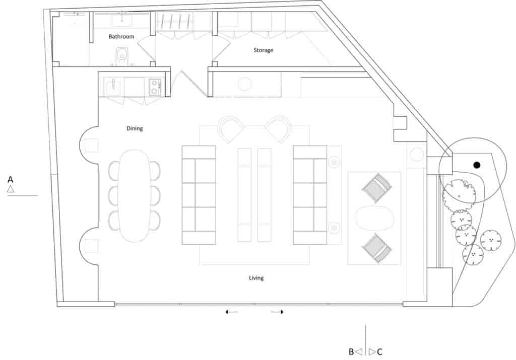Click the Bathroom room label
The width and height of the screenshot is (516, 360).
(x=121, y=36)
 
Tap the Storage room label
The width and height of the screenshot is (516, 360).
(x=263, y=50)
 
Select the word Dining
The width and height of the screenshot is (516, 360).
(x=135, y=128)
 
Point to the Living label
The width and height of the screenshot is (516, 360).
(x=256, y=278)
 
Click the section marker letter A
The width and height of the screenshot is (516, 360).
(x=10, y=180)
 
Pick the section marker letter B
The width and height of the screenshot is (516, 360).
(x=351, y=352)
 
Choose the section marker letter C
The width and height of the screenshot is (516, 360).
(x=379, y=352)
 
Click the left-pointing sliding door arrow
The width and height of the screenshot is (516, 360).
(x=231, y=312)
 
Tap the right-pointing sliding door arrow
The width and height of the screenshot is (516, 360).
(x=277, y=312)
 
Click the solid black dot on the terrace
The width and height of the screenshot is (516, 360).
(x=477, y=165)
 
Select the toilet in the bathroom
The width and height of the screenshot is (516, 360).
(x=122, y=56)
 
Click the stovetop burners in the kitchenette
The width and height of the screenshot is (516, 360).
(x=155, y=87)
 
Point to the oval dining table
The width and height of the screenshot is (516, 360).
(x=134, y=196)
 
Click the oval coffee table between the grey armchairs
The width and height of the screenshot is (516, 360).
(x=374, y=218)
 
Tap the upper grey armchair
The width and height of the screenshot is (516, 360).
(x=377, y=188)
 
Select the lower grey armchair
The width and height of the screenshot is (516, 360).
(x=377, y=248)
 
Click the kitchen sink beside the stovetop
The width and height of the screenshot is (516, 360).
(x=112, y=87)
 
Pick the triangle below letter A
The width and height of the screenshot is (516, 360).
(x=11, y=189)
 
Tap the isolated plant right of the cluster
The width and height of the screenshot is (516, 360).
(x=491, y=240)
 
